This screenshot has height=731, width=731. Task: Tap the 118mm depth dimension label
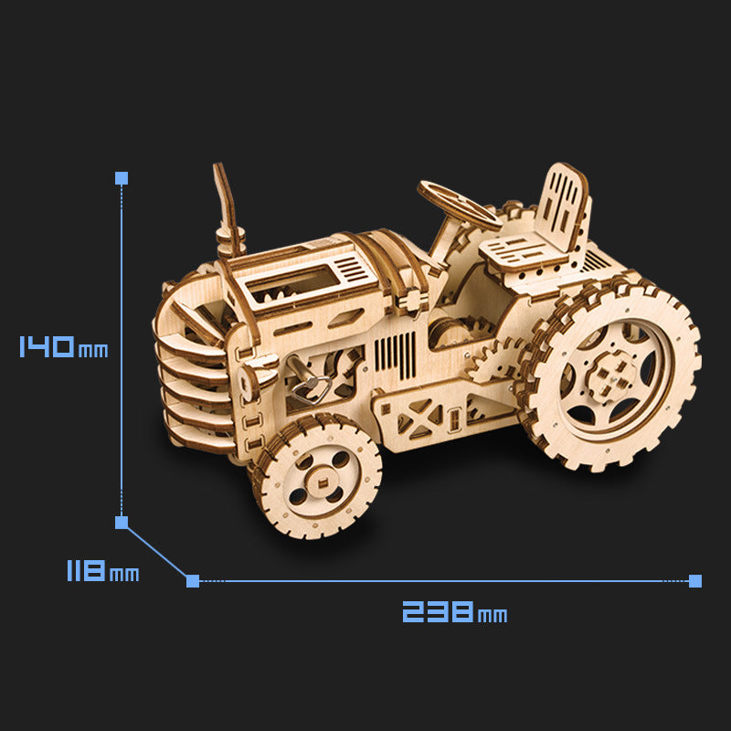[x=101, y=573]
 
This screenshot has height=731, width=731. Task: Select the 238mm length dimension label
[x=454, y=611]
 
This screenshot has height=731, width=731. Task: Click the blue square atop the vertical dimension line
[x=122, y=177]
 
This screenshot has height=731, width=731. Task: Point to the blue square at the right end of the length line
[x=695, y=580]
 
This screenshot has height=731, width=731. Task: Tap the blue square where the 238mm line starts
[x=193, y=580]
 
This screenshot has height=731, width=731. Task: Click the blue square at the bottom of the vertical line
[x=122, y=523]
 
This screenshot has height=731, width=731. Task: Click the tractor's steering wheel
[x=459, y=204]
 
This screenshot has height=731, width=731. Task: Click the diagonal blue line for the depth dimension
[x=156, y=551]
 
